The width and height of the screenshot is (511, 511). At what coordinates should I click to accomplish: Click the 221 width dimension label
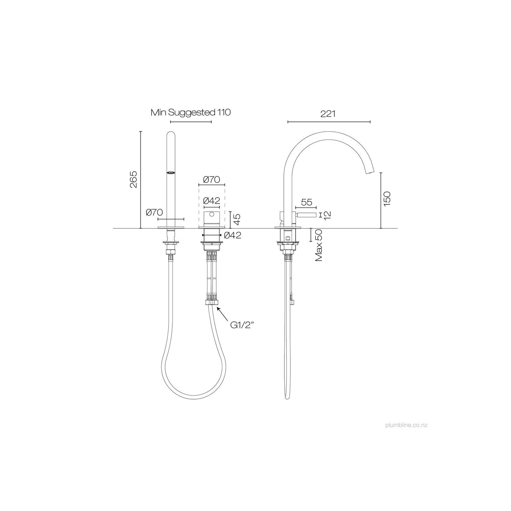tap(328, 114)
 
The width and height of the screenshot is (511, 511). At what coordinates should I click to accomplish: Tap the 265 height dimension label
tap(134, 179)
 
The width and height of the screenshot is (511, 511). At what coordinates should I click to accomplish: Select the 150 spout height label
tap(387, 199)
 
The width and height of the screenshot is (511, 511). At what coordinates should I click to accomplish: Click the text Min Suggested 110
tap(191, 113)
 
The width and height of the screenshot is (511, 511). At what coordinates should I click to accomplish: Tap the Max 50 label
tap(319, 245)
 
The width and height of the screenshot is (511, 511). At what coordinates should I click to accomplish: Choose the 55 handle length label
tap(306, 202)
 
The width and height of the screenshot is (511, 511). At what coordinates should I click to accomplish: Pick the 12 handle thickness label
tap(327, 215)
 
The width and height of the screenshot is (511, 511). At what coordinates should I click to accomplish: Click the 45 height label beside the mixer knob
tap(237, 220)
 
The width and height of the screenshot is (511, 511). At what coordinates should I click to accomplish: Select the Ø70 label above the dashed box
tap(211, 180)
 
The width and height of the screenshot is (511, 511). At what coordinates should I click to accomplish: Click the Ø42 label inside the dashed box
tap(211, 201)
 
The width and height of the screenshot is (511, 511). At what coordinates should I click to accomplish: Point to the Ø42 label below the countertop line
tap(232, 235)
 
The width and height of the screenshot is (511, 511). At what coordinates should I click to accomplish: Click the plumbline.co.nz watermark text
tap(406, 425)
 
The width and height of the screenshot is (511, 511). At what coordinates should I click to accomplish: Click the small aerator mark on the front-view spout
tap(171, 173)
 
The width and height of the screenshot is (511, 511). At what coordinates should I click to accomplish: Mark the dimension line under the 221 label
tap(329, 122)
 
